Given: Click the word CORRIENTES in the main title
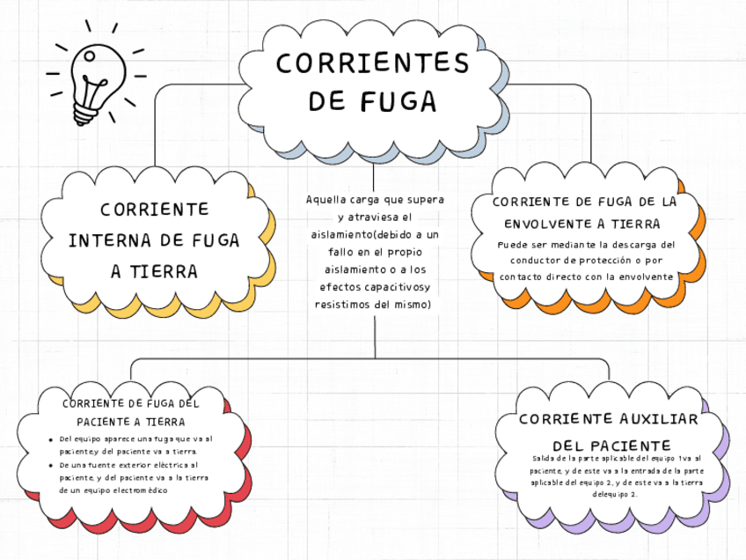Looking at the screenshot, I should (372, 63).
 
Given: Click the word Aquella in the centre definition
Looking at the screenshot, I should (325, 201).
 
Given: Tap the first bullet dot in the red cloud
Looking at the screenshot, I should (50, 438).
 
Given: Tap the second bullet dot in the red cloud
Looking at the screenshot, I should (50, 464).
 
